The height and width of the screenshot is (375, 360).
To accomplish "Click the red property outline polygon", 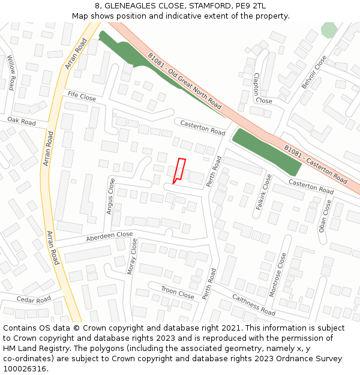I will pos(179,170).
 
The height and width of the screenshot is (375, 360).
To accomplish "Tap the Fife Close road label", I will pos(82,96).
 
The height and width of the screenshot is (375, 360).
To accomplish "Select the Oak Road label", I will pos(22,122).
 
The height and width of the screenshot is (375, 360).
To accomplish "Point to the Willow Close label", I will pos(11,73).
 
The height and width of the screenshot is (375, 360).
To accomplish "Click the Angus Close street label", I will pos(110,196).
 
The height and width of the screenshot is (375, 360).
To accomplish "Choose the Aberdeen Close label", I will pos(109,235).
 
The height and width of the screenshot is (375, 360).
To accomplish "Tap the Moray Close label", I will pos(133,256).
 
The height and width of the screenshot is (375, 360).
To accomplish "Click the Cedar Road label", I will pos(34,299).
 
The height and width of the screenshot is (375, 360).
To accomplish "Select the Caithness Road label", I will pos(253,305).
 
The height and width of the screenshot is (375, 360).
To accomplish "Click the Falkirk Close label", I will pos(263,191).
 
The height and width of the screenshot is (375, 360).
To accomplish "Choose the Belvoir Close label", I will pos(314,73).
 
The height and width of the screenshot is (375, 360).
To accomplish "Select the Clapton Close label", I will pos(260,88).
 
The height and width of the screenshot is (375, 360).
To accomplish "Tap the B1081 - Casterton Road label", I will pos(316,163).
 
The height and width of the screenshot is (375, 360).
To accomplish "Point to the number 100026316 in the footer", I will pos(25,369).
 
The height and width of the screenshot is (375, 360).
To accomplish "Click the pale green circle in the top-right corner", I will pos(329,30).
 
